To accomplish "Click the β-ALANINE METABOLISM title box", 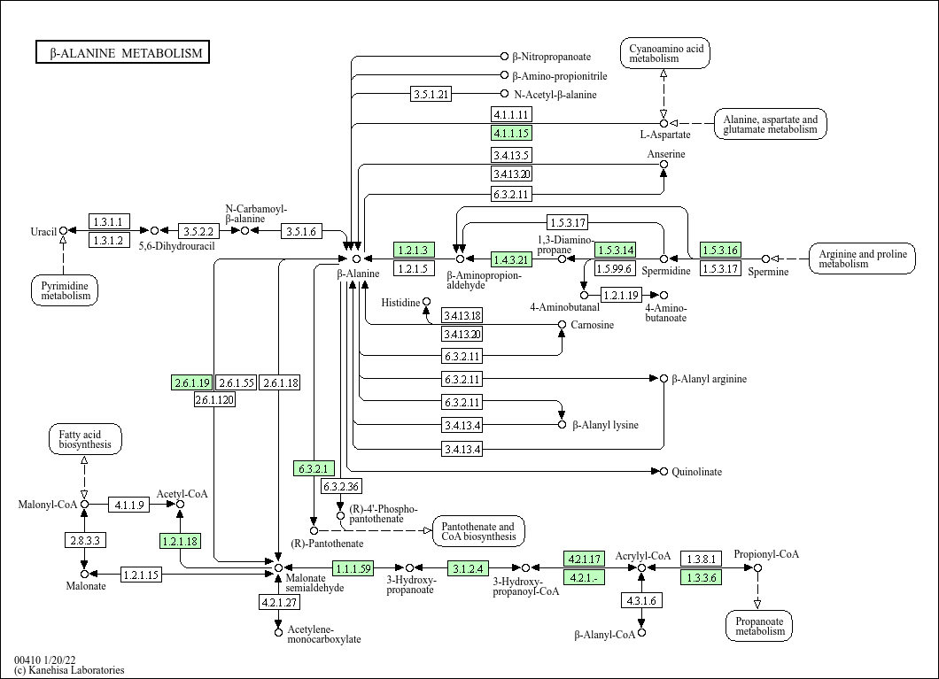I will point(122,53).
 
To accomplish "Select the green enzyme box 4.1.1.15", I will point(511,134).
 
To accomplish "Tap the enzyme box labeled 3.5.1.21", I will point(432,94).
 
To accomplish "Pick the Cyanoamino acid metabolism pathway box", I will point(665,53).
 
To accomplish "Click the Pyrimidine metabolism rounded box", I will point(65,289).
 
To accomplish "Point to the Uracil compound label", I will point(43,232).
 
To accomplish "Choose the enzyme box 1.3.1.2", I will point(109,240).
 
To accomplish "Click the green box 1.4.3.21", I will point(511,259).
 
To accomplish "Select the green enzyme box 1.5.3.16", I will point(720,251).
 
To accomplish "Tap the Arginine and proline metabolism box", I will point(862,258).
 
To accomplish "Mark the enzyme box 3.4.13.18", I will point(462,316).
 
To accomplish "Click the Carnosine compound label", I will point(592,325).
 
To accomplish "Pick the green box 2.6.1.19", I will point(191,382).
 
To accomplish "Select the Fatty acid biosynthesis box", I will point(85,439).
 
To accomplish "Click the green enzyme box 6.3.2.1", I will point(314,468).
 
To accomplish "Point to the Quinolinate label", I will point(696,472).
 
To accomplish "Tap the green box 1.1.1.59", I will point(353,567).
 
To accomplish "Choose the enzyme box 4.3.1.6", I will point(641,601).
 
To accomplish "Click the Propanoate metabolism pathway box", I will point(759,626).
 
